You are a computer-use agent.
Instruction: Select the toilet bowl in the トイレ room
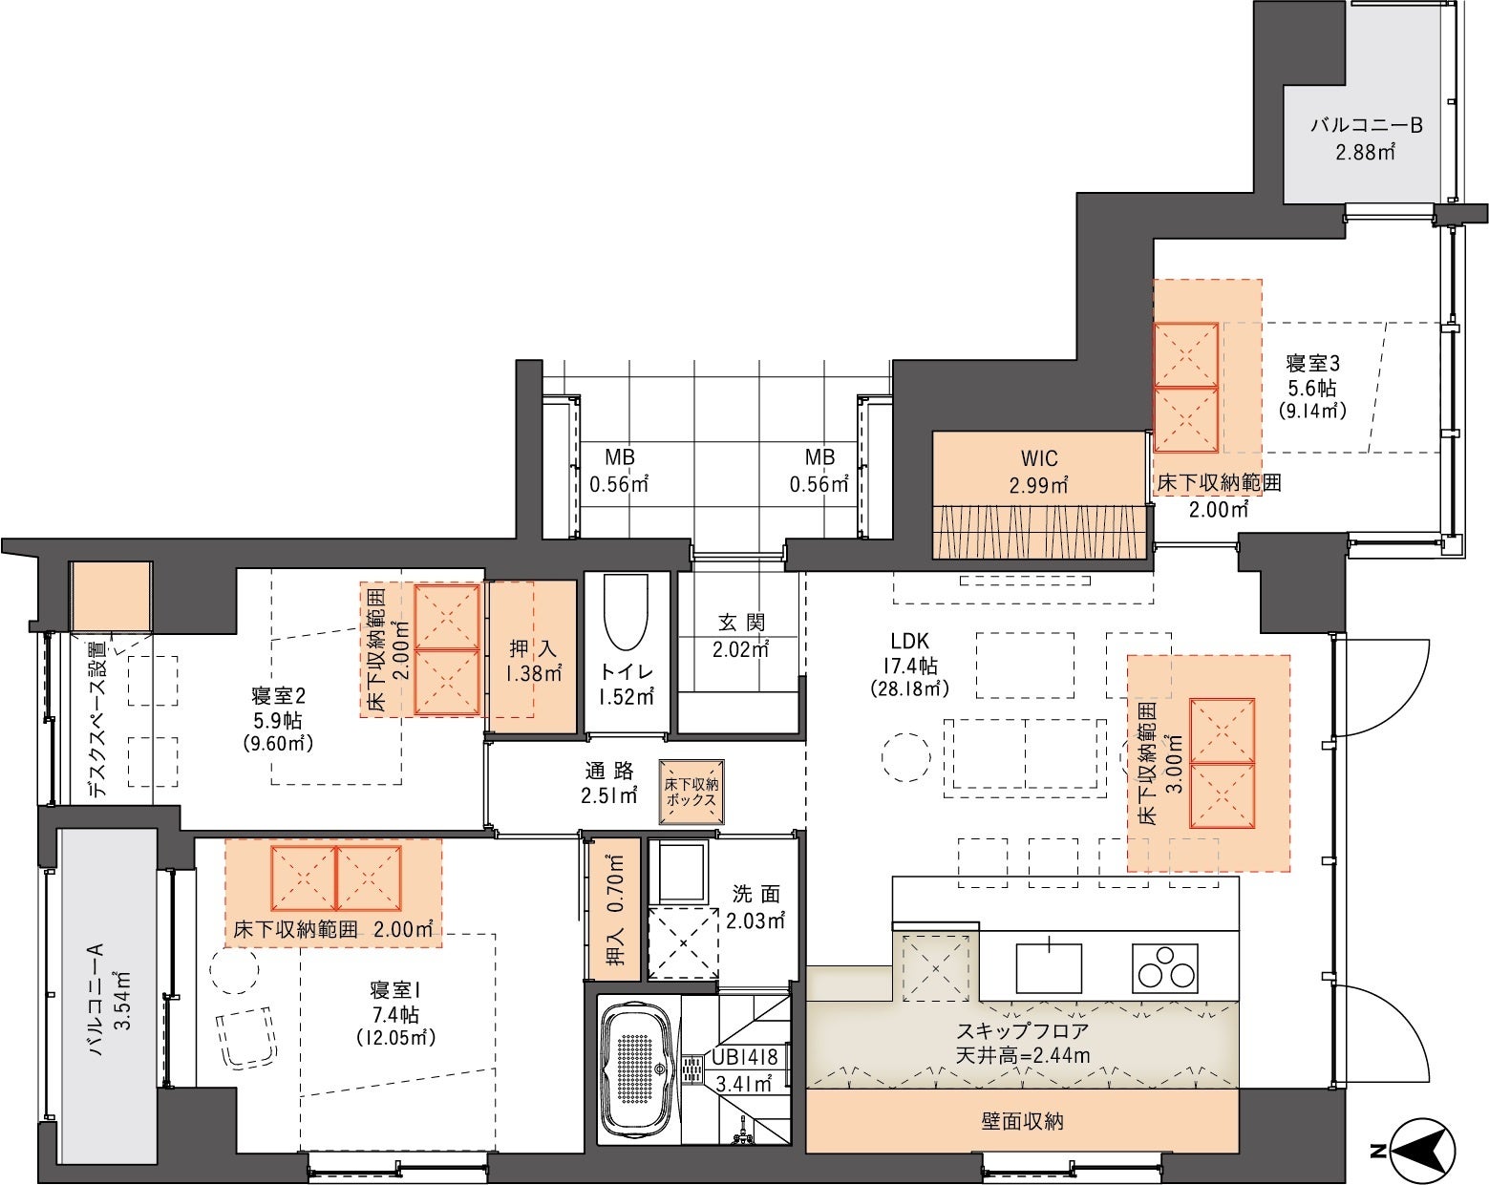coord(626,611)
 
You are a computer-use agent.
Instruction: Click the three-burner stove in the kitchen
coord(1164,968)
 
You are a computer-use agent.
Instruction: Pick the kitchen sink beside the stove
coord(1049,967)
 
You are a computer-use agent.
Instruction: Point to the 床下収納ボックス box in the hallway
coord(691,793)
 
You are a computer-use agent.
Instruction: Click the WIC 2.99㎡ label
coord(1038,472)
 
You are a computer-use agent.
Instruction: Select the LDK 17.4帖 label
coord(909,665)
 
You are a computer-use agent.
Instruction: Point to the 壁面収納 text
coord(1023,1121)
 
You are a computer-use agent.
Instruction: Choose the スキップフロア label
coord(1023,1031)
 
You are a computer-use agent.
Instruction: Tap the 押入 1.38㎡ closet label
coord(532,661)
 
